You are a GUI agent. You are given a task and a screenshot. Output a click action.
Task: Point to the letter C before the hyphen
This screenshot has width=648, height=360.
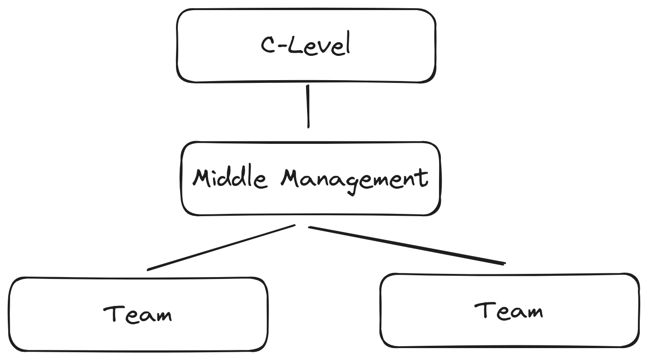268,45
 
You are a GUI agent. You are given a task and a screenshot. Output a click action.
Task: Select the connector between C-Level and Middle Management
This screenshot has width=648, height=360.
308,106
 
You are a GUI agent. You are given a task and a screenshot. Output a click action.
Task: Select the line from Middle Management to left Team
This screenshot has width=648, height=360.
221,247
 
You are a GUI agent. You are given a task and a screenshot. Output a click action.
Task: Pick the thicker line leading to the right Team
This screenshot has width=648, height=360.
407,245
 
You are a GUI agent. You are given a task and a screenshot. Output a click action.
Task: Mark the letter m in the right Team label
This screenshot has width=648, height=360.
533,313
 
